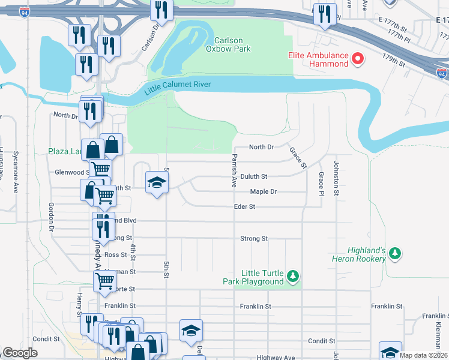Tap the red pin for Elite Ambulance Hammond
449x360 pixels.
[358, 59]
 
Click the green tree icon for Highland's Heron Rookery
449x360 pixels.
[394, 254]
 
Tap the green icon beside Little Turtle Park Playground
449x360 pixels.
[292, 277]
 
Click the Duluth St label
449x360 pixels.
[253, 177]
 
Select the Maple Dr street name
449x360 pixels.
[263, 191]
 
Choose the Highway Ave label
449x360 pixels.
[276, 358]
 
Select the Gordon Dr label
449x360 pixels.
[51, 217]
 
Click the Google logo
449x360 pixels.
[20, 353]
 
